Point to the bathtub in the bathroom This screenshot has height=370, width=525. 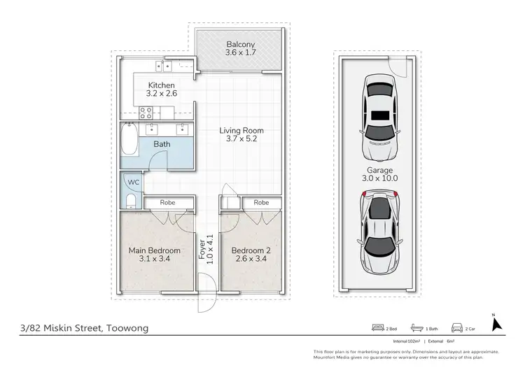click(129, 141)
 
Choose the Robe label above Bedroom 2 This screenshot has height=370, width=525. click(261, 202)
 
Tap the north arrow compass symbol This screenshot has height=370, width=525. click(497, 325)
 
